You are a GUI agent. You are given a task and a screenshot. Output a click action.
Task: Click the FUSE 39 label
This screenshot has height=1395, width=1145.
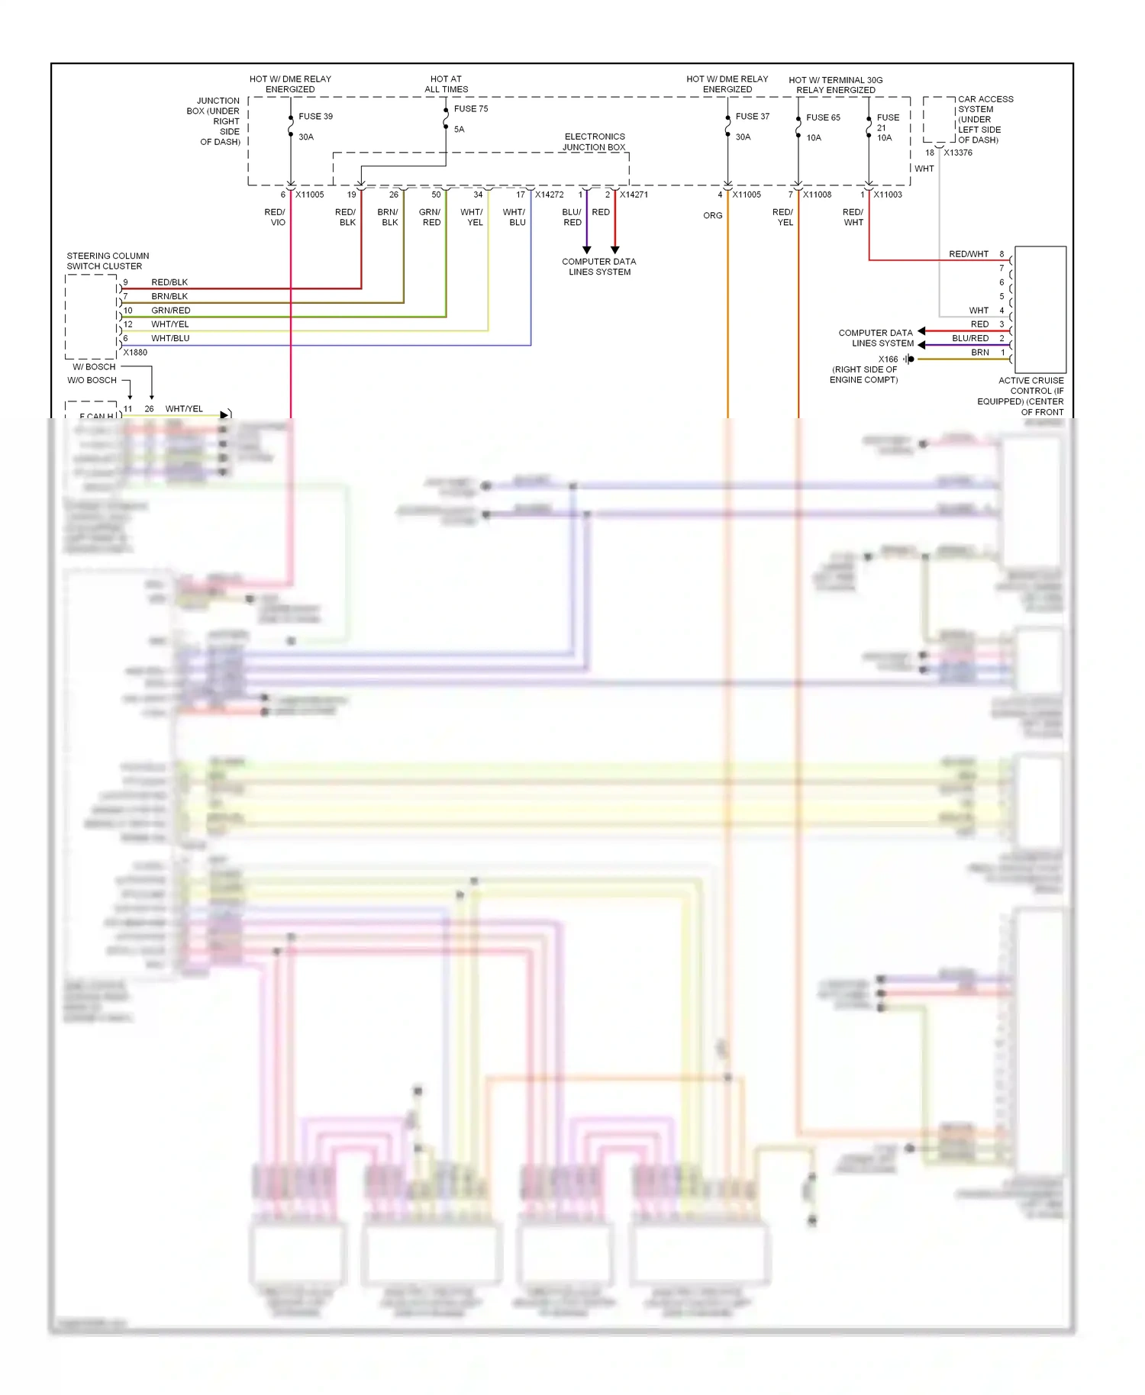tap(315, 117)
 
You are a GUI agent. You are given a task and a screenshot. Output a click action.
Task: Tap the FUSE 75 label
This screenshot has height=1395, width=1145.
tap(470, 109)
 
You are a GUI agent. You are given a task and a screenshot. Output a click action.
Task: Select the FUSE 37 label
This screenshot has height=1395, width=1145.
tap(752, 117)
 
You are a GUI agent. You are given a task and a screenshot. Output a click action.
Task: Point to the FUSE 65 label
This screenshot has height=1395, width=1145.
tap(823, 118)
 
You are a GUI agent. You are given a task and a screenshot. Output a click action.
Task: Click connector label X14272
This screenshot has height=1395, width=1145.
tap(549, 195)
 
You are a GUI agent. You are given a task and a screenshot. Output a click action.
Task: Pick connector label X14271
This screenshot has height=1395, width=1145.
tap(634, 195)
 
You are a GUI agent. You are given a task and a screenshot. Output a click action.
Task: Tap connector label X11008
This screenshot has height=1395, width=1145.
tap(817, 195)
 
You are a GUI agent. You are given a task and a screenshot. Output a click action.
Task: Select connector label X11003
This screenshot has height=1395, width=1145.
tap(888, 195)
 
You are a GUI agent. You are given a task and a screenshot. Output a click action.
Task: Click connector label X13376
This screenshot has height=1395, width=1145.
tap(958, 153)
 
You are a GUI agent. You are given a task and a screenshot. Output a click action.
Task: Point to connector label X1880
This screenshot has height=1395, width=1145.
tap(135, 353)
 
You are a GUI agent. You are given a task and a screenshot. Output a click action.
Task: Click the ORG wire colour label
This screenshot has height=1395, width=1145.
tap(712, 216)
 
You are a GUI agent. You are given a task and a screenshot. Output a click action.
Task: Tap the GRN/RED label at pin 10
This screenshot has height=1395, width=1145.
tap(171, 311)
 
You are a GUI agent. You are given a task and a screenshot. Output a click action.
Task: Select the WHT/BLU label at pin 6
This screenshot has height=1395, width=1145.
tap(170, 338)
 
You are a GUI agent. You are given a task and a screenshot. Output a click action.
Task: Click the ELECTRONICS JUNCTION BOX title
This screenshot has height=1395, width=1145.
tap(595, 142)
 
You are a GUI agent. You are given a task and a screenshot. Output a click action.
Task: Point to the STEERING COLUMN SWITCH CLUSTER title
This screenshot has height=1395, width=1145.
tap(108, 261)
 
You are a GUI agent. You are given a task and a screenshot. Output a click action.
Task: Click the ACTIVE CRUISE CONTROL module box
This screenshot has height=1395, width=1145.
tap(1040, 309)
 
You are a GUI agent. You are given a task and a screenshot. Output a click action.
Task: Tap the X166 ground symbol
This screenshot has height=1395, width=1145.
tap(909, 359)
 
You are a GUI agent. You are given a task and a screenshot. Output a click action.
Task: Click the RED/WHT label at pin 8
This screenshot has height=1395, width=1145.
tap(969, 254)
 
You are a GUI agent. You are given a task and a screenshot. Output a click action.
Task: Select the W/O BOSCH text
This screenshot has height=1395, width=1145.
tap(92, 380)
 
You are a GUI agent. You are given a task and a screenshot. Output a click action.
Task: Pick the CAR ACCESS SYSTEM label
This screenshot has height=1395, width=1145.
tap(985, 119)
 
